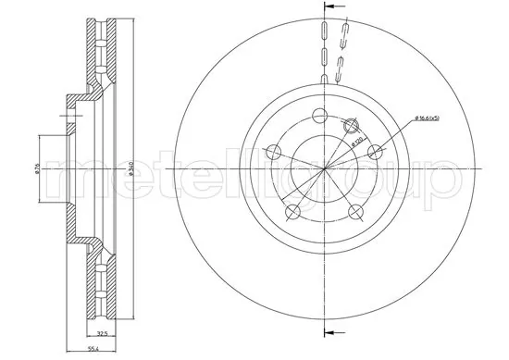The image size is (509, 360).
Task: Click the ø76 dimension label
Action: [x=37, y=169]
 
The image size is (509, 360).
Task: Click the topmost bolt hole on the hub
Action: [x=320, y=117]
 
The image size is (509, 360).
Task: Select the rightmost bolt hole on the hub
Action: [x=376, y=153]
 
